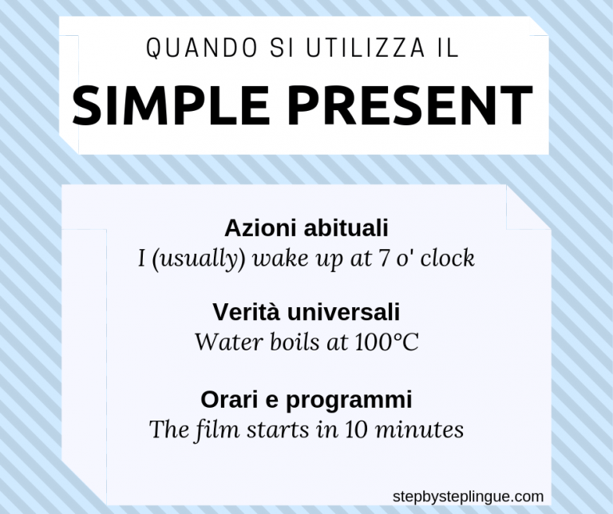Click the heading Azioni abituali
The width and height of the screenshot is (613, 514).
click(x=306, y=227)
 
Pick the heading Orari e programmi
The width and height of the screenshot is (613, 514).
click(x=306, y=398)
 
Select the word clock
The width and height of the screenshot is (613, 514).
click(x=449, y=259)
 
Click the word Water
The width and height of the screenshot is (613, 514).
click(x=225, y=342)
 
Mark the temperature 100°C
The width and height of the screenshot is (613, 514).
click(x=382, y=342)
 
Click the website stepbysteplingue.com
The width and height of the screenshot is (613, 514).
click(x=468, y=496)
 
